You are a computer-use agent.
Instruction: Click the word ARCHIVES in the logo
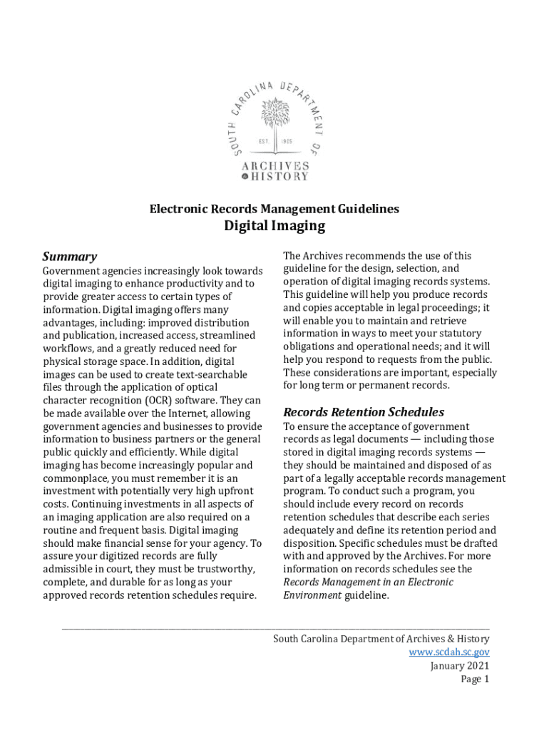pos(275,165)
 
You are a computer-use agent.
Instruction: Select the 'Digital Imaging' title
pos(274,226)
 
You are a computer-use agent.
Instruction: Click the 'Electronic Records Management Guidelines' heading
pos(274,209)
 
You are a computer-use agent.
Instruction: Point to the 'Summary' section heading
pos(70,257)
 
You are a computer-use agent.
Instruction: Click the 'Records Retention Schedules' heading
pos(364,412)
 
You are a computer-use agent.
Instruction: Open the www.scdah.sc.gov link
pos(449,652)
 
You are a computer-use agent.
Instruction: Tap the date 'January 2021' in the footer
pos(460,666)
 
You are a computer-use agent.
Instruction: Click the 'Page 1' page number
pos(475,679)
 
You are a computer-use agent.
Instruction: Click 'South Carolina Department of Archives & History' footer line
pos(381,639)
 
